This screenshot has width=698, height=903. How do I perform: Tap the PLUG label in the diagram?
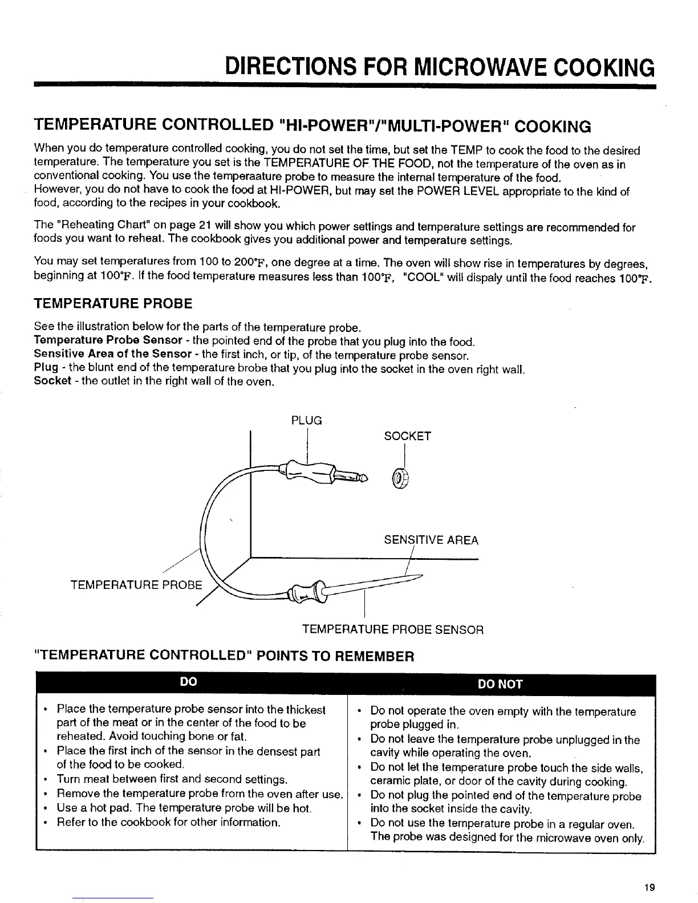click(307, 421)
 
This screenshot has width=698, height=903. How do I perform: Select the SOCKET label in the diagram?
click(407, 436)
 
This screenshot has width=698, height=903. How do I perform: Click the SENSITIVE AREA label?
click(431, 540)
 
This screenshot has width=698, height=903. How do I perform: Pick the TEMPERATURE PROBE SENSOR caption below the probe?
click(392, 630)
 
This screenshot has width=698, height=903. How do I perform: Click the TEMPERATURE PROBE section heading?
click(113, 303)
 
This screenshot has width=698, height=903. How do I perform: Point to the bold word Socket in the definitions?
click(52, 380)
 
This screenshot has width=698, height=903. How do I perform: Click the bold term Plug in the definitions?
click(45, 368)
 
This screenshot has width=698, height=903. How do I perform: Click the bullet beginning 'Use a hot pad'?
click(184, 808)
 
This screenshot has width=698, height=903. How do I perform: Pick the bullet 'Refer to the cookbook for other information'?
click(168, 822)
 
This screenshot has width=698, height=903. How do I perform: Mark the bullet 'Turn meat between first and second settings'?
click(172, 779)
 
